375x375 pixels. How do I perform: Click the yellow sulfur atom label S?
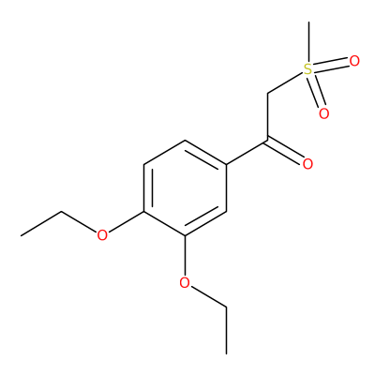click(x=308, y=69)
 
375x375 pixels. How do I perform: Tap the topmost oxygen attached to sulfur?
click(x=354, y=61)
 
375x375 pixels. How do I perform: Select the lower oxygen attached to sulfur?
click(x=324, y=113)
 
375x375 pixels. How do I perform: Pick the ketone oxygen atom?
click(x=307, y=164)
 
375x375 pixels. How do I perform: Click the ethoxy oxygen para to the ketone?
click(x=102, y=235)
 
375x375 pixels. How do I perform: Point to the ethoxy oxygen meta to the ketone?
click(x=185, y=283)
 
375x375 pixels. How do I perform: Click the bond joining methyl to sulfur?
click(x=308, y=42)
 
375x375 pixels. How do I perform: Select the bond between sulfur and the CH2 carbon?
click(x=286, y=82)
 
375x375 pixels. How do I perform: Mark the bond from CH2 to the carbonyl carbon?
click(x=268, y=117)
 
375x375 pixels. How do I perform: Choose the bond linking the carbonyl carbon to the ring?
click(x=247, y=153)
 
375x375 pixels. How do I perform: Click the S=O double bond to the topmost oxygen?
click(x=331, y=65)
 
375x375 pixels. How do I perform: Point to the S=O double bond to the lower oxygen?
click(x=316, y=91)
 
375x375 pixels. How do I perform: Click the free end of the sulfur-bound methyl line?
click(x=308, y=22)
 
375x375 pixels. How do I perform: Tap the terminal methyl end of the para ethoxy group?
click(x=21, y=235)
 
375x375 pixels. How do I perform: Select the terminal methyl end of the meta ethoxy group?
click(x=226, y=354)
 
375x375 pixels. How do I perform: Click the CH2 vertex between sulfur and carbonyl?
click(x=268, y=94)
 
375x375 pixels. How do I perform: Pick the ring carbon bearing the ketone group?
click(x=226, y=164)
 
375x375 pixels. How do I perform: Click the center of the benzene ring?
click(x=185, y=188)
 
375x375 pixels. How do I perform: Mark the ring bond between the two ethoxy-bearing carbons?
click(x=164, y=224)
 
